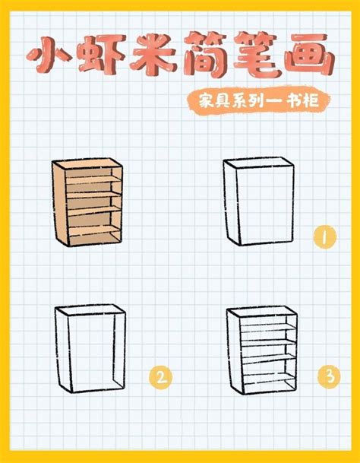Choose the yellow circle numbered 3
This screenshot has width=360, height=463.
click(327, 375)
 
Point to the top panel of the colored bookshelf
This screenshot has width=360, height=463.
click(87, 165)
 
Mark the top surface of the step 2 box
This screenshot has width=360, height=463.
click(90, 312)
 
